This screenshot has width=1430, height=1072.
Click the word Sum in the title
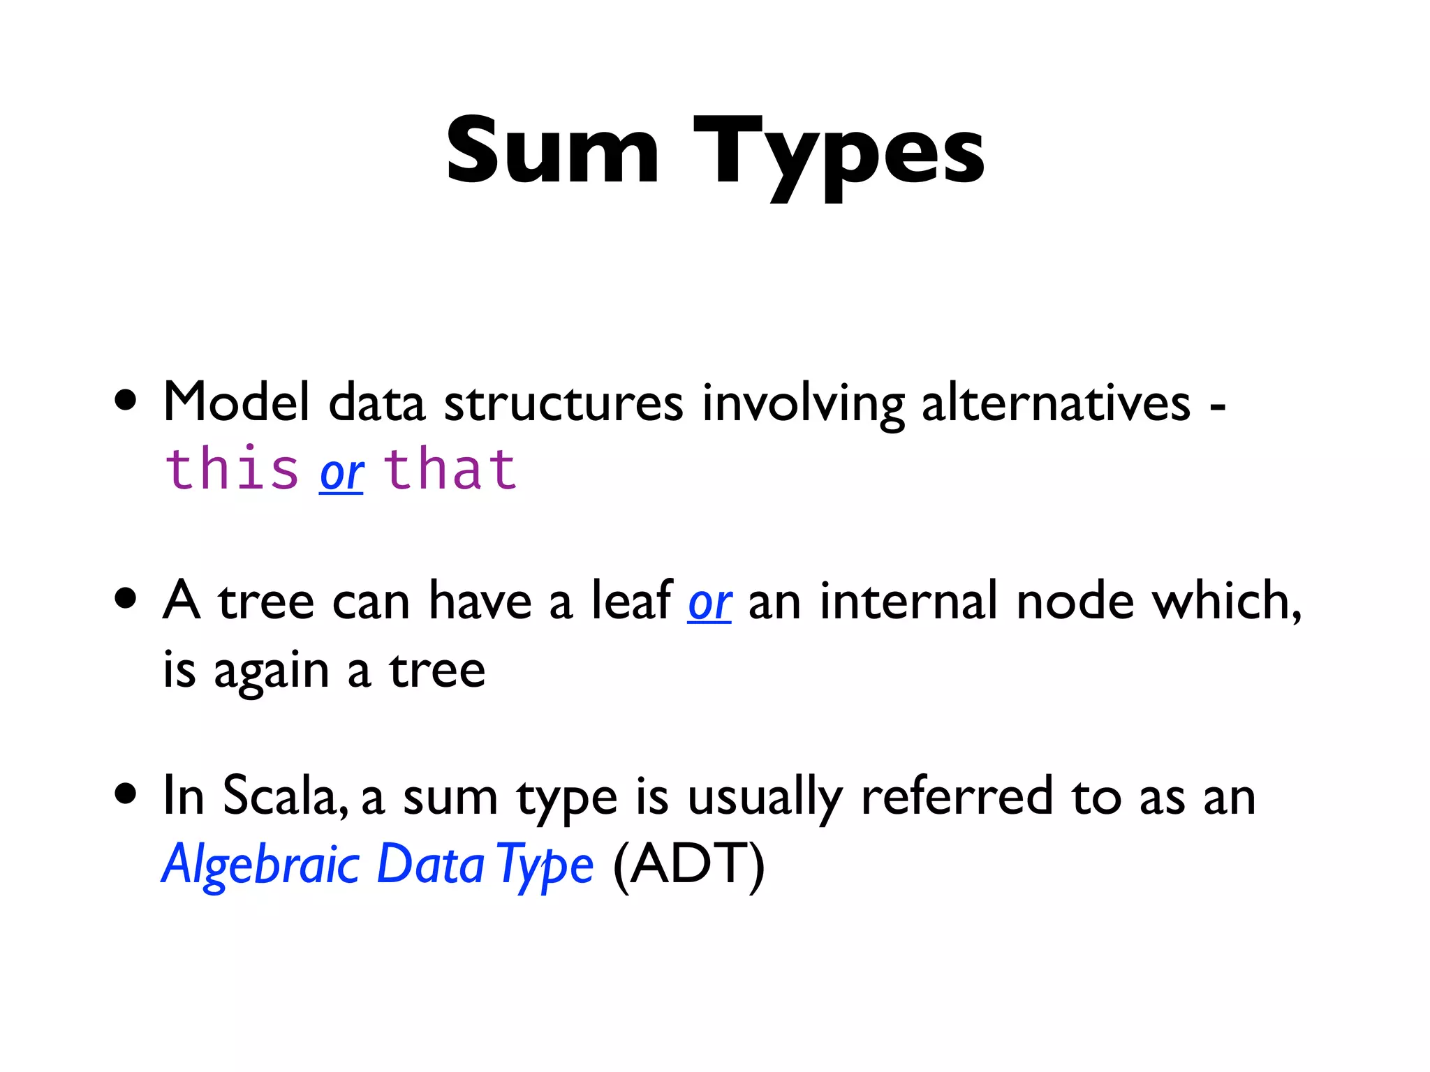pos(552,151)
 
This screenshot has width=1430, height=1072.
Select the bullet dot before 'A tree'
pos(126,598)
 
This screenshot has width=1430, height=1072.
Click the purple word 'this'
pos(233,469)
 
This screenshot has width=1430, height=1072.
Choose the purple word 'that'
pos(450,469)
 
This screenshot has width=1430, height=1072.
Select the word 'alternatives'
pos(1056,403)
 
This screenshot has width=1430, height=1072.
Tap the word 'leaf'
pos(632,600)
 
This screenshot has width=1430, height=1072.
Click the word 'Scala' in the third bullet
pos(285,796)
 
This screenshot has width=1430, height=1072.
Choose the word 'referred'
pos(957,796)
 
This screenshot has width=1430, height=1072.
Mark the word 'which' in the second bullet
pos(1226,600)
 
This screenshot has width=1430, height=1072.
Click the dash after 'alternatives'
pos(1218,408)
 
